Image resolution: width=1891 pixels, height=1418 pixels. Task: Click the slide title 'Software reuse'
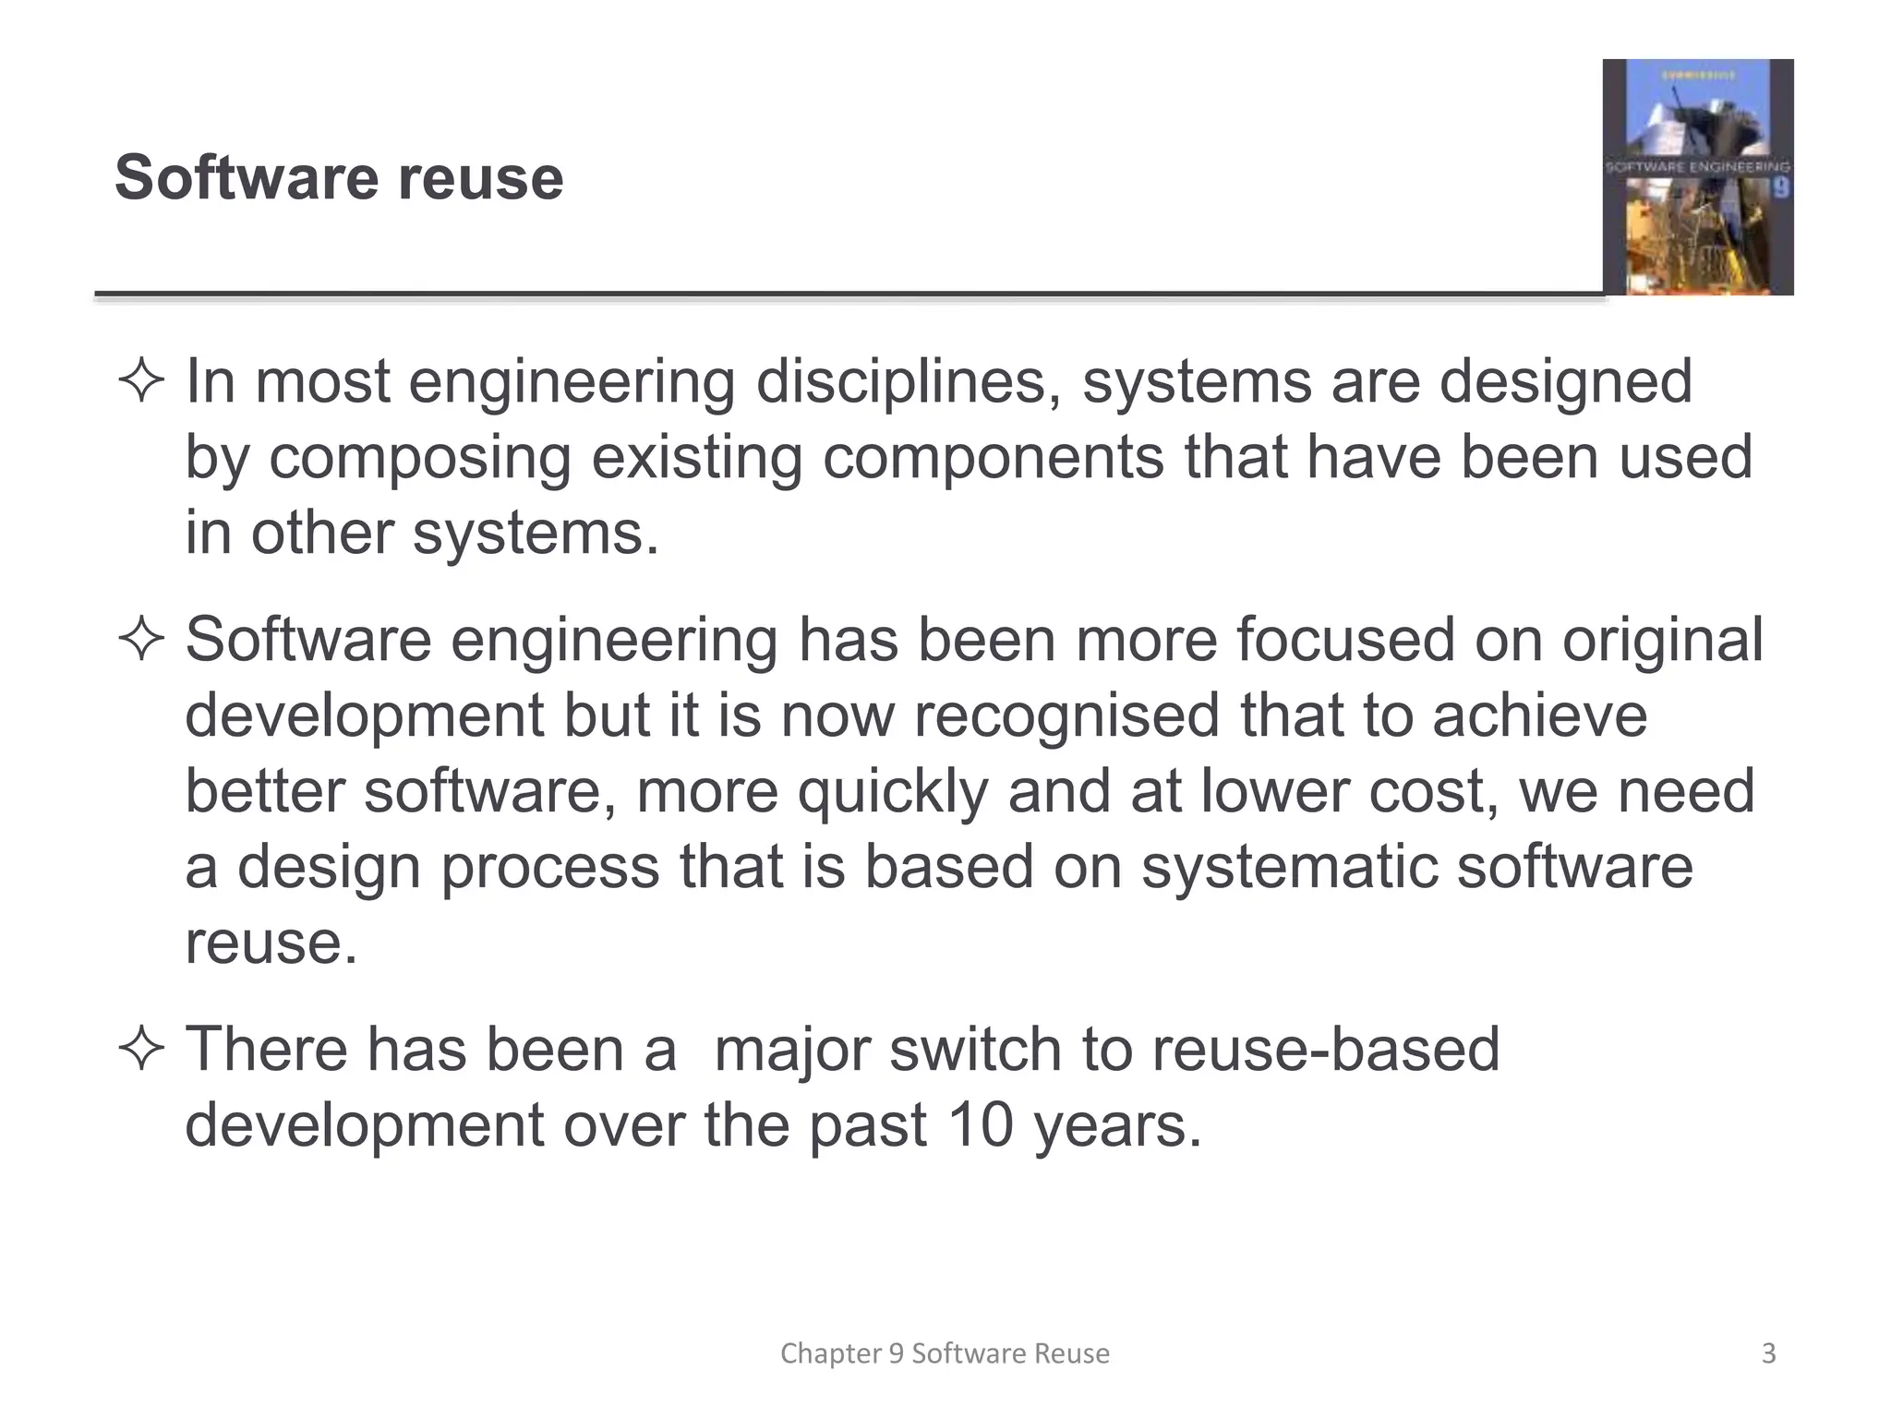pos(339,177)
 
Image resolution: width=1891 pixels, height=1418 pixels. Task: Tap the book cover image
pos(1697,177)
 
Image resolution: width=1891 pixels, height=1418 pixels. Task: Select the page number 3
pos(1768,1353)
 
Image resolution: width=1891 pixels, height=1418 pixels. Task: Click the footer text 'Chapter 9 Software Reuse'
pos(945,1353)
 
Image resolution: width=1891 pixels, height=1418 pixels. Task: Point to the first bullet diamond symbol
pos(141,382)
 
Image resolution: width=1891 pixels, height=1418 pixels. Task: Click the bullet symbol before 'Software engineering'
pos(141,640)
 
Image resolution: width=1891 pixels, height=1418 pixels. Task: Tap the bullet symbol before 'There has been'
pos(141,1050)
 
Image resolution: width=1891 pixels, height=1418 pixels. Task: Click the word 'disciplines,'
pos(909,382)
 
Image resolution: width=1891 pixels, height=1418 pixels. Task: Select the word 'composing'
pos(420,459)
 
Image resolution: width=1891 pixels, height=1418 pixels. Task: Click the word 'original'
pos(1662,640)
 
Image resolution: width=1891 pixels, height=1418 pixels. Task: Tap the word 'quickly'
pos(893,793)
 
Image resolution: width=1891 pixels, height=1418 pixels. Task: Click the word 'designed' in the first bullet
pos(1566,382)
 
